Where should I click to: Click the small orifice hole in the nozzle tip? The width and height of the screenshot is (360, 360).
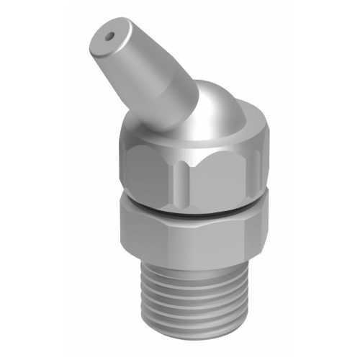pos(110,33)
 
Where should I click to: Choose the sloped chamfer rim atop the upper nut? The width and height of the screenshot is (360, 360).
pos(209,133)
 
